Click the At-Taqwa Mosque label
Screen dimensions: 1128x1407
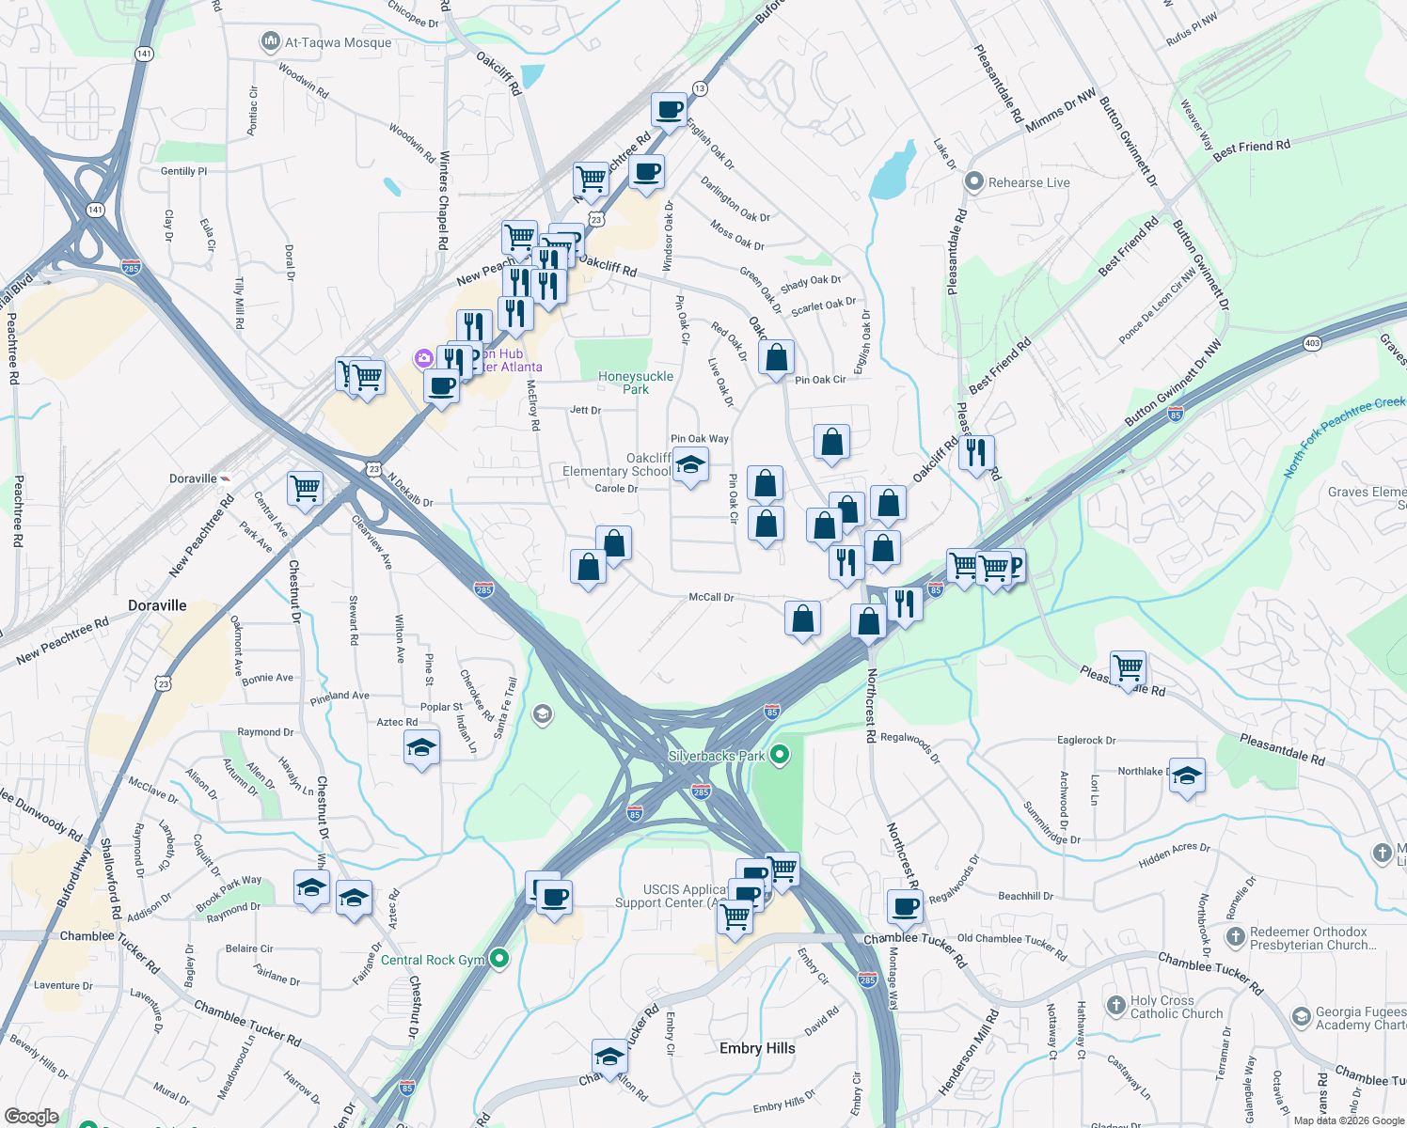tap(338, 42)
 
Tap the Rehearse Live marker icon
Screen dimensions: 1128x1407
tap(974, 181)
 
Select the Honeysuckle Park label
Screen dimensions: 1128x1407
tap(636, 383)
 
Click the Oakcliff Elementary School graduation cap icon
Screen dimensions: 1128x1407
tap(690, 464)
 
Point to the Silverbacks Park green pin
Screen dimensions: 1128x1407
tap(779, 755)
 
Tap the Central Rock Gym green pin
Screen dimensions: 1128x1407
tap(499, 959)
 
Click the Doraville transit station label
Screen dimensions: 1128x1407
tap(193, 478)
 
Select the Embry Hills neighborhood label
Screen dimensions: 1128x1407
tap(757, 1048)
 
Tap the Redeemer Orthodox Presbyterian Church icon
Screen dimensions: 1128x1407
tap(1235, 937)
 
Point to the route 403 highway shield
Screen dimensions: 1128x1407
tap(1312, 343)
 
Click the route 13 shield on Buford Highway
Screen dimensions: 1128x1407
tap(699, 88)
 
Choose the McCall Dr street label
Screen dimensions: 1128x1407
tap(711, 597)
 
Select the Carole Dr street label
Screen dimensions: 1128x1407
tap(616, 489)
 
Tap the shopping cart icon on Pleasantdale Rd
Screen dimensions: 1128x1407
tap(1128, 668)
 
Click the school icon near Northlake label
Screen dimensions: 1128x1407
tap(1187, 775)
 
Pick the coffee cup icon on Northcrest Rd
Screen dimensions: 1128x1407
tap(905, 907)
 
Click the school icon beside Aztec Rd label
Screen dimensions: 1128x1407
tap(421, 748)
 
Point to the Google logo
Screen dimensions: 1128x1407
tap(31, 1117)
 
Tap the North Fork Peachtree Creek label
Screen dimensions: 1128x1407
tap(1344, 436)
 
